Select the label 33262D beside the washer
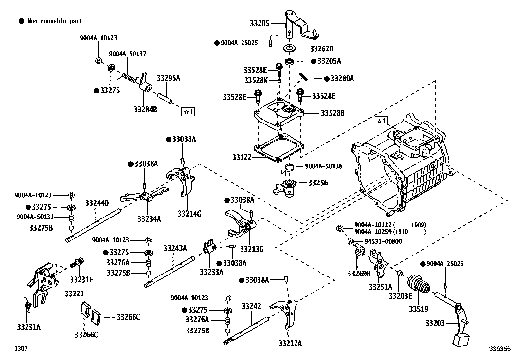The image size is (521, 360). (x=321, y=49)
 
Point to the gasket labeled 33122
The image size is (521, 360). (x=278, y=149)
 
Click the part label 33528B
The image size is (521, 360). (x=332, y=113)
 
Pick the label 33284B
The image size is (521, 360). (x=145, y=109)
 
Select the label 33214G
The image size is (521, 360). (x=189, y=214)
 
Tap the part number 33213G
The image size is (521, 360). (x=252, y=249)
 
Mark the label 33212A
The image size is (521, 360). (x=290, y=343)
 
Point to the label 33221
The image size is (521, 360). (x=74, y=294)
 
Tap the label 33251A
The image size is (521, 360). (x=380, y=287)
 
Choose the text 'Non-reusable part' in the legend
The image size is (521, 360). (x=55, y=21)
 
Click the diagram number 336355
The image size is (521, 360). (x=500, y=349)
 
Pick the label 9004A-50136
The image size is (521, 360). (x=323, y=166)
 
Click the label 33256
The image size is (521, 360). (x=318, y=183)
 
